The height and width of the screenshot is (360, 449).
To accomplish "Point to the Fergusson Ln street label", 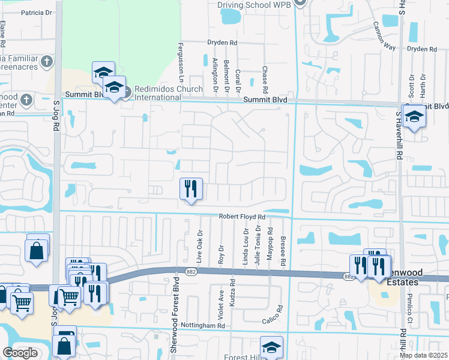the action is [x=180, y=64].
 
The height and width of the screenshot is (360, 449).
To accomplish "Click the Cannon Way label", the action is [x=384, y=36].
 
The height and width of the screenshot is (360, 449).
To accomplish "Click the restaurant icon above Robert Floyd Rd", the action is [x=191, y=189].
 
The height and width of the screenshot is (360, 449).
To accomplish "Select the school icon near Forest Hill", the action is [x=271, y=347].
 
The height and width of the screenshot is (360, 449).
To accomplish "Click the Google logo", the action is [x=20, y=353].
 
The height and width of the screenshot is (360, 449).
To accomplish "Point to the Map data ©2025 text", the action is [x=424, y=355].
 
